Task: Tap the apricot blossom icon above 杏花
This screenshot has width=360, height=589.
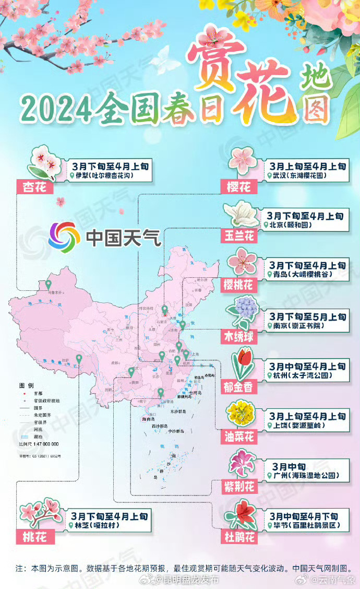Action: tap(44, 161)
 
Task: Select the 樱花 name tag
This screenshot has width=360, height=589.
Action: tap(239, 187)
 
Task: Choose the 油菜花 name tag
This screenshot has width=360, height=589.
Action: tap(239, 437)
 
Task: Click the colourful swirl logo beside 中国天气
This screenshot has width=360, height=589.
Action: tap(64, 238)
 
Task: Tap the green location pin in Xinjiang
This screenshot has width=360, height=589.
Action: tap(49, 284)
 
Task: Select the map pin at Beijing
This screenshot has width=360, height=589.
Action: tap(165, 309)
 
